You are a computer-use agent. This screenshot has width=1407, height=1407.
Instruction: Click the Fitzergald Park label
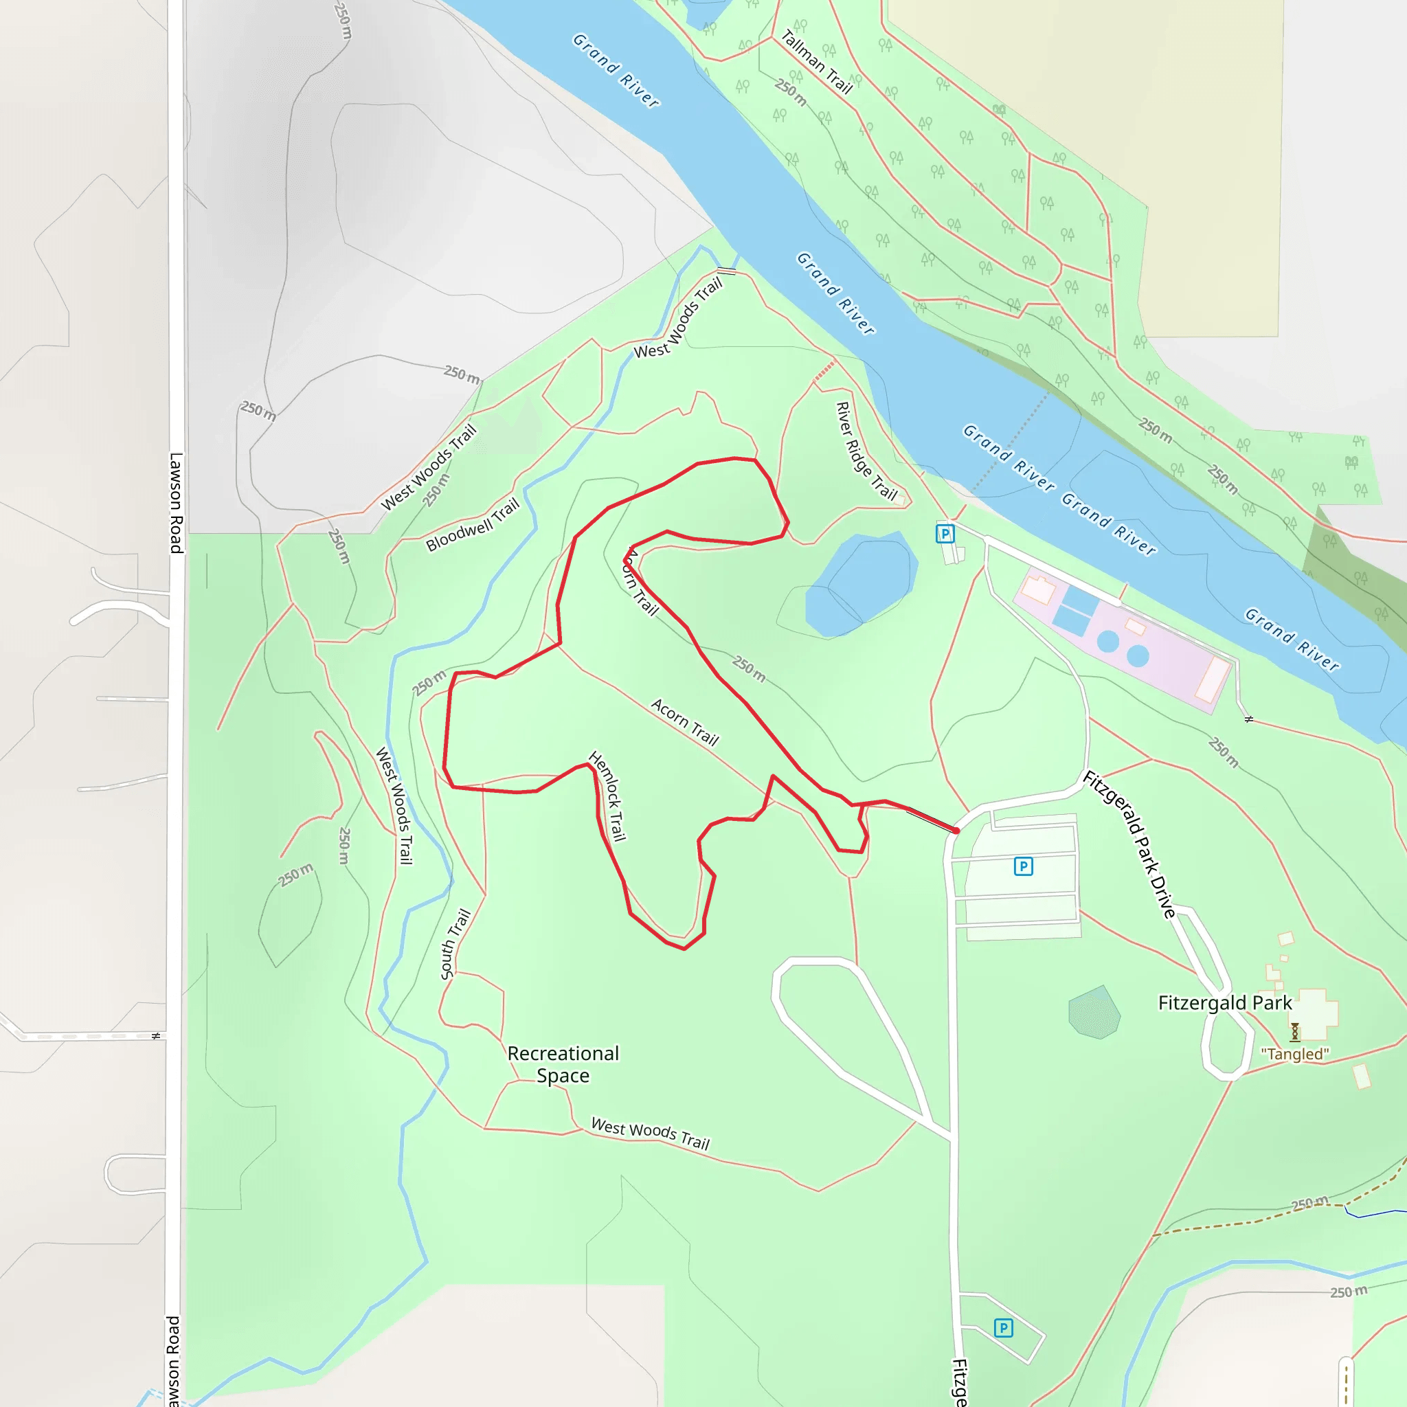coord(1225,1003)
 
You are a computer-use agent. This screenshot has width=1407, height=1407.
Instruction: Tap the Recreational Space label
coord(563,1064)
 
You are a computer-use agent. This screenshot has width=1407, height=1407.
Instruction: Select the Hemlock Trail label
coord(607,796)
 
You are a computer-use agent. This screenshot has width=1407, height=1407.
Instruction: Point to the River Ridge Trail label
coord(866,451)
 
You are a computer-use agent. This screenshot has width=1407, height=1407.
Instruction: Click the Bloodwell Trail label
coord(473,524)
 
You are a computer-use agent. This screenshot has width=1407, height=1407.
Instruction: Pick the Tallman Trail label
coord(816,62)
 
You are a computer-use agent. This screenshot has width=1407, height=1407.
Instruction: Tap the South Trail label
coord(456,944)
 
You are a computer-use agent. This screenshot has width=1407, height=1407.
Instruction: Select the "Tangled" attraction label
coord(1295,1054)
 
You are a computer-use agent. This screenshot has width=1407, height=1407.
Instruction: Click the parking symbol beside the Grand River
coord(945,534)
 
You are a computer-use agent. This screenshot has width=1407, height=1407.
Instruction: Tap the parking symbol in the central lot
coord(1023,866)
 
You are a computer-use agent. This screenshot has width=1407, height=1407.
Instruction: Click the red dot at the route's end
coord(956,830)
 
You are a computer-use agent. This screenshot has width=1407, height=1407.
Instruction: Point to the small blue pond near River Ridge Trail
coord(859,583)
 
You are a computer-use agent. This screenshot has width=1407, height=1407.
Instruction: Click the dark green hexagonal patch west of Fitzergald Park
coord(1094,1012)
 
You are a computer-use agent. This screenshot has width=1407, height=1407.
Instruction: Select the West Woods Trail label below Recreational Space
coord(651,1133)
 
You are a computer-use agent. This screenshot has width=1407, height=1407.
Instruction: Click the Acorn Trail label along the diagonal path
coord(684,722)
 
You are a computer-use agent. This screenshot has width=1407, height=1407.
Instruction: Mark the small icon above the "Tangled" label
coord(1295,1031)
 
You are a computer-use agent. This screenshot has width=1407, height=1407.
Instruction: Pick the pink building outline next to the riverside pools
coord(1039,590)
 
